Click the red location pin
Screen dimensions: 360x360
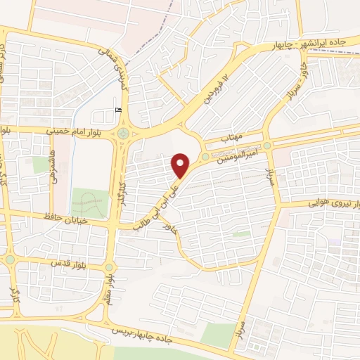(x=181, y=166)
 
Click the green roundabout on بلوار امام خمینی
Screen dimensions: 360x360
(x=123, y=132)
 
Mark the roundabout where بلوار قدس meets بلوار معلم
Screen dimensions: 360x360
(x=109, y=267)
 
